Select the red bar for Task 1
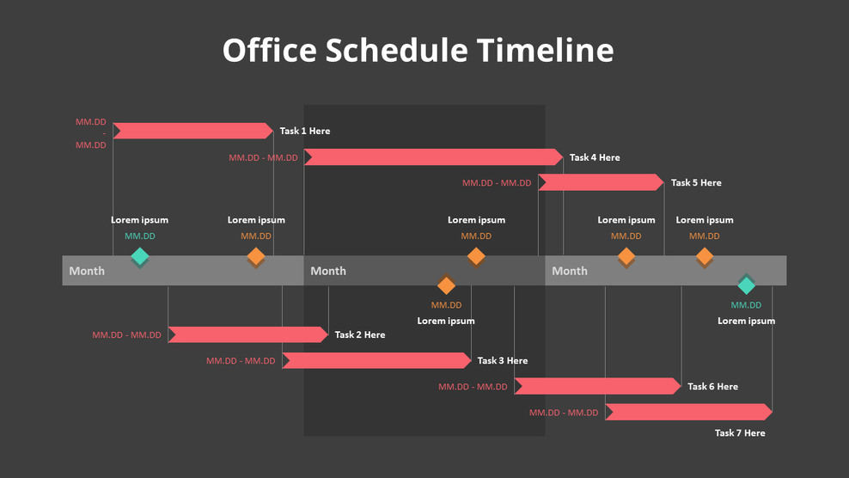pos(192,131)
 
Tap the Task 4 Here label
pos(594,157)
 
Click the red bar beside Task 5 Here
pos(600,182)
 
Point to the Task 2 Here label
pos(360,334)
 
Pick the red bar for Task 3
pos(376,360)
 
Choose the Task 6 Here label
pos(712,387)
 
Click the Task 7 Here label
pos(740,432)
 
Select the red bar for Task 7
pos(687,412)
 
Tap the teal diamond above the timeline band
pos(140,256)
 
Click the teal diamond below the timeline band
pos(746,285)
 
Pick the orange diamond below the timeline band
pos(446,285)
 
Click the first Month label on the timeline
pos(87,271)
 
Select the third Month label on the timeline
pos(570,271)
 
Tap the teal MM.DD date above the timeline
pos(140,236)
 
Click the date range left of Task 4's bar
pos(263,157)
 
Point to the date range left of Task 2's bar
pos(126,335)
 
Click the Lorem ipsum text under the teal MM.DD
pos(746,321)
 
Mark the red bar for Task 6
pos(597,386)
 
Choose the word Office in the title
pos(269,50)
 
